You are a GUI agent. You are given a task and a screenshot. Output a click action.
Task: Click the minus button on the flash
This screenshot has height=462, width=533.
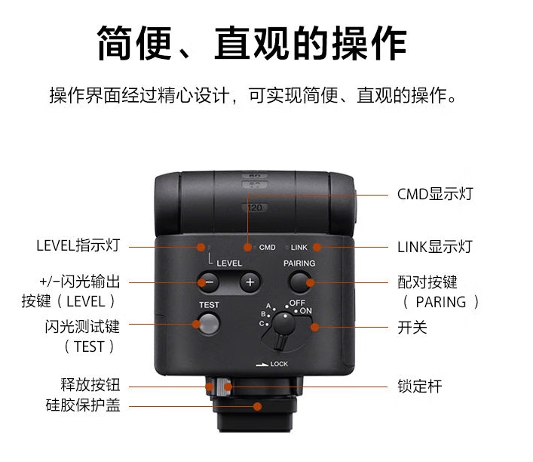(x=209, y=282)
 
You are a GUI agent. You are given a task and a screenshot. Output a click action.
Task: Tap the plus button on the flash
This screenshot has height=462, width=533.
(x=250, y=282)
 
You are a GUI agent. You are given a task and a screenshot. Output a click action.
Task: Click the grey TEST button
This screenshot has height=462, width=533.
(x=209, y=324)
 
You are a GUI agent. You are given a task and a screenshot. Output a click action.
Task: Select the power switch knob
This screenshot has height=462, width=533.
(x=283, y=326)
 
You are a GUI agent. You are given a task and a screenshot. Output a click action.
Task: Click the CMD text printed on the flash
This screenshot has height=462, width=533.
(x=267, y=247)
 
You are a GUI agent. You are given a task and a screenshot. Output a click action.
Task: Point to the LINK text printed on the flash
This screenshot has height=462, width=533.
(x=299, y=247)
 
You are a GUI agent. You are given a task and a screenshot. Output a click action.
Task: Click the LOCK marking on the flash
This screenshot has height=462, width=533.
(x=279, y=364)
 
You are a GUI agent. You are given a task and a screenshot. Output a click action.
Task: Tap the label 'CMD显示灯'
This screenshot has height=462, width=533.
(x=435, y=194)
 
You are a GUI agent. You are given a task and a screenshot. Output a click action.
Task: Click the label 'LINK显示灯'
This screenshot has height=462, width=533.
(x=435, y=247)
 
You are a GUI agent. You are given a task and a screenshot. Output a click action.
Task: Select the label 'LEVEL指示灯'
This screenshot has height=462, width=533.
(x=78, y=245)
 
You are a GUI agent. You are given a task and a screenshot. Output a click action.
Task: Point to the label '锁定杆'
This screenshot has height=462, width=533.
(x=420, y=387)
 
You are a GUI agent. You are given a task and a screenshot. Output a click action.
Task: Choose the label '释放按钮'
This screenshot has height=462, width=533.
(x=90, y=385)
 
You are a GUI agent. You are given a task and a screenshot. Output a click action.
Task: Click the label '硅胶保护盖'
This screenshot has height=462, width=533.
(x=83, y=405)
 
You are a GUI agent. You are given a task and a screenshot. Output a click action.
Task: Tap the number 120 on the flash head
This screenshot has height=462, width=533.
(x=255, y=208)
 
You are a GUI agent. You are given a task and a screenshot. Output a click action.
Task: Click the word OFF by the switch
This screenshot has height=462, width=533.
(x=297, y=303)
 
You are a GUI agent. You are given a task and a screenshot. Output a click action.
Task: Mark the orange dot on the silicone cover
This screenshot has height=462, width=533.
(x=258, y=406)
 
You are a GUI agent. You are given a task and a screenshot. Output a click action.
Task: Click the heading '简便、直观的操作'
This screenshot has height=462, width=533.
(x=253, y=43)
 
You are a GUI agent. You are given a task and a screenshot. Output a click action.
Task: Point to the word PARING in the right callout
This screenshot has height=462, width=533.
(x=441, y=302)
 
